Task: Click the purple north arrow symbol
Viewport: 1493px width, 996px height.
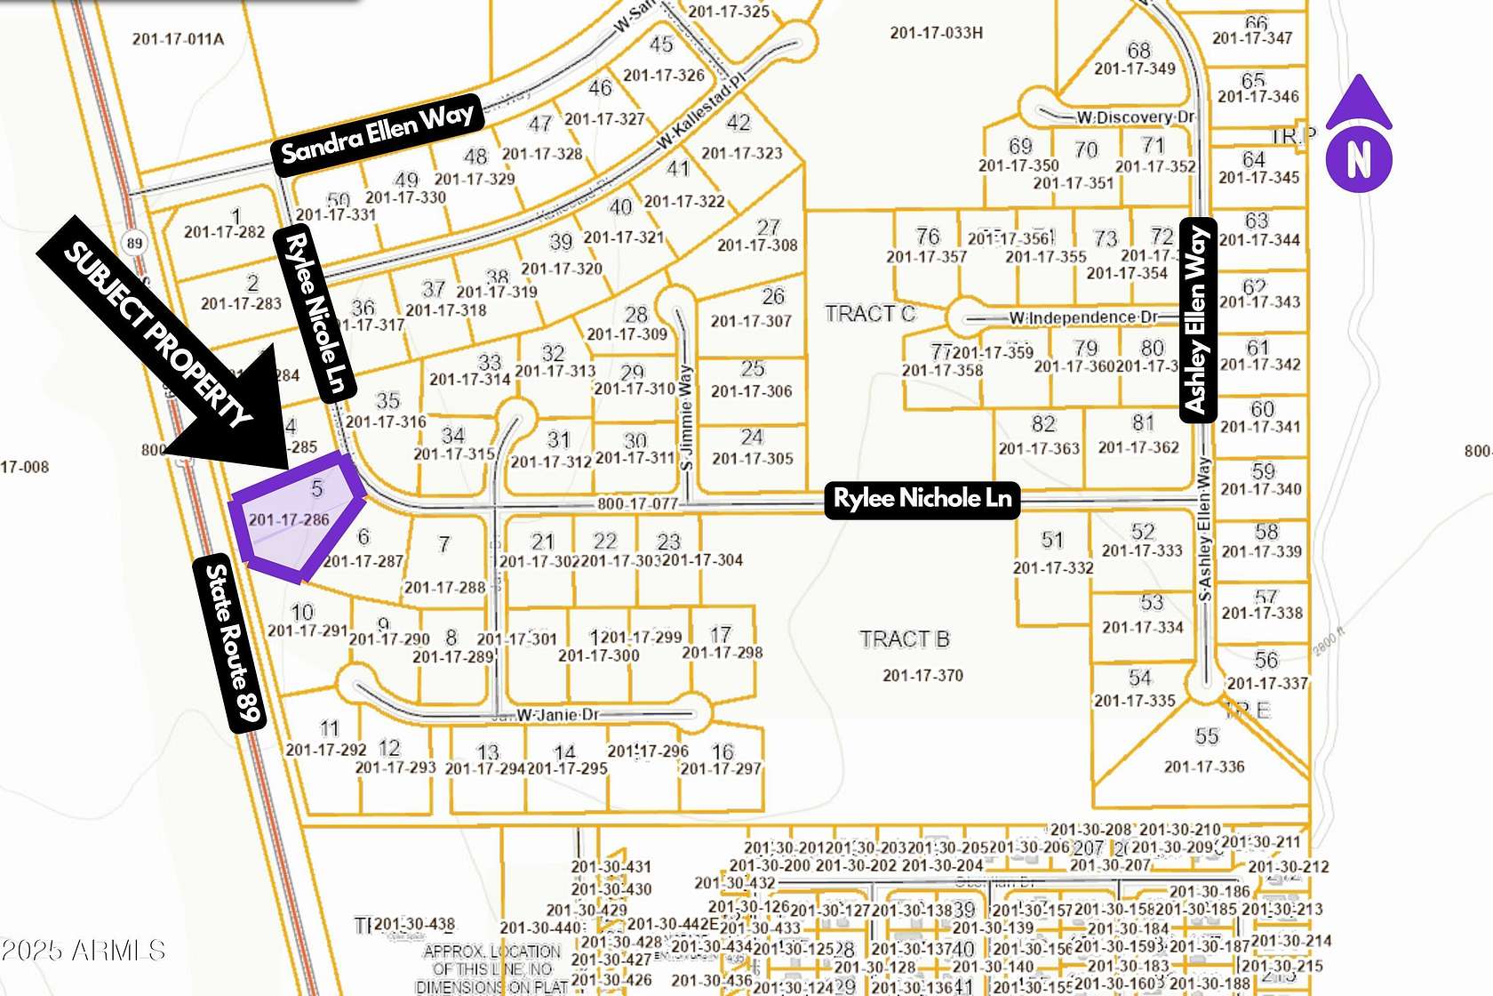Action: [x=1359, y=135]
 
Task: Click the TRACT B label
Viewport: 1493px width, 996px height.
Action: [x=904, y=639]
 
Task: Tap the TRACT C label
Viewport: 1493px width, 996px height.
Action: [x=869, y=314]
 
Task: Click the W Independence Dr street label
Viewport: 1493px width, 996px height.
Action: [x=1082, y=317]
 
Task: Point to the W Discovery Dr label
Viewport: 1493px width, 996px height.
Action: [x=1135, y=117]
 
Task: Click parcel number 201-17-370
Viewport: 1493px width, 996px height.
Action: [x=922, y=676]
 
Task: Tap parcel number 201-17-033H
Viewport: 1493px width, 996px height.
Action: [x=936, y=33]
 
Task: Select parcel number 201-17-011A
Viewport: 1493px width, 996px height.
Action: [x=178, y=39]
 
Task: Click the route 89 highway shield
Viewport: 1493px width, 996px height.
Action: [x=134, y=243]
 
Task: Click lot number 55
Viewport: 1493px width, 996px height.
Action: [x=1206, y=736]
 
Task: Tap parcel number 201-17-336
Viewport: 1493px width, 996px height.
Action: [x=1204, y=767]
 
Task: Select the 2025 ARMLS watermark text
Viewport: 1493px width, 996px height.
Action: [x=83, y=951]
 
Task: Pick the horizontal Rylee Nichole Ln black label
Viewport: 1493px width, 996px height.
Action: [x=922, y=499]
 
